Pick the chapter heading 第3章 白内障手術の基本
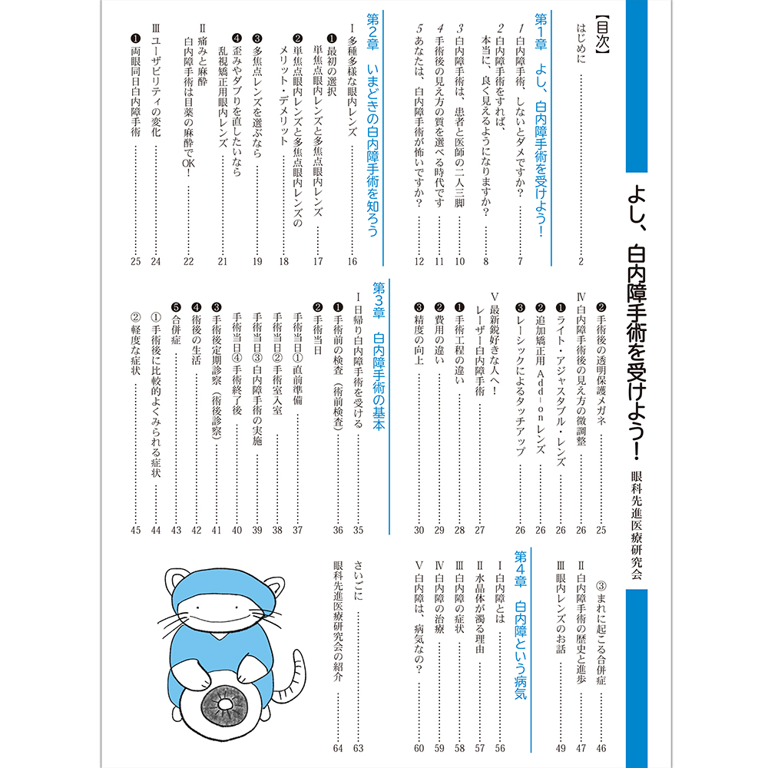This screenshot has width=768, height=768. (378, 358)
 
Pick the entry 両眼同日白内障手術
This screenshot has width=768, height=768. (135, 84)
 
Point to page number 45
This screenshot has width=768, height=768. (136, 530)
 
